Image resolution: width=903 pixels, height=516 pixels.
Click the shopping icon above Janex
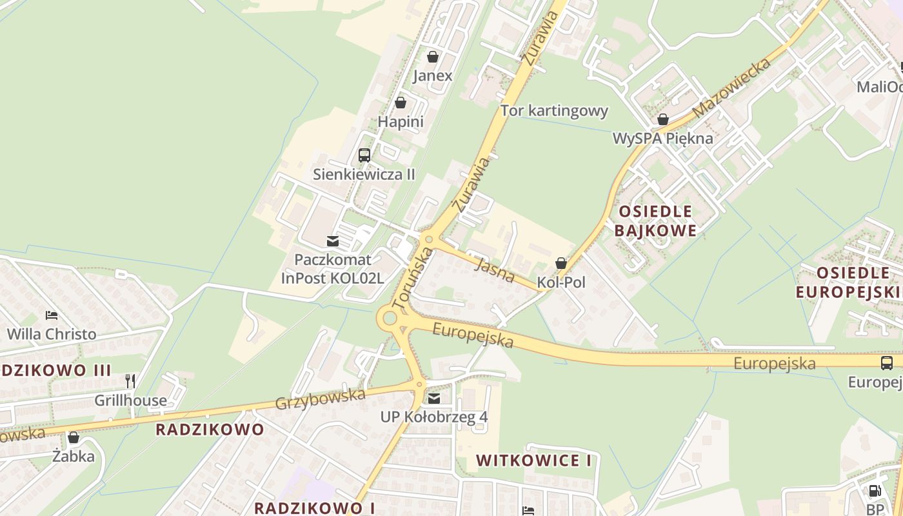[x=432, y=57]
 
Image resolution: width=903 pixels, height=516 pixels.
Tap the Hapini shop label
[x=401, y=121]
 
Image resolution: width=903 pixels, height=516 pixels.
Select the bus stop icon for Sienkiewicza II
[x=364, y=155]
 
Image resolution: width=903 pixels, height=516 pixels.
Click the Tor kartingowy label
[x=554, y=111]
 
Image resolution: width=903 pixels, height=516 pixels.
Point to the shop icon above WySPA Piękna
[x=662, y=119]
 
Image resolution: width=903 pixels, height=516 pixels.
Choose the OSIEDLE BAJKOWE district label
[x=655, y=221]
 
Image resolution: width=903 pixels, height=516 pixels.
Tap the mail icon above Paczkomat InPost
[x=333, y=241]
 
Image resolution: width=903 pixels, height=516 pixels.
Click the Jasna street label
[x=494, y=270]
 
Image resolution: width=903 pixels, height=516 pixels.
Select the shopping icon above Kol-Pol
[x=561, y=263]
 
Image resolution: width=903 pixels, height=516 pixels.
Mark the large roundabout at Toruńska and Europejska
[x=389, y=317]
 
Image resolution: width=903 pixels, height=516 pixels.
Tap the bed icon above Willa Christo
[x=52, y=315]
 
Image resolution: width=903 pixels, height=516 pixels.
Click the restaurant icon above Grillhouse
[x=130, y=381]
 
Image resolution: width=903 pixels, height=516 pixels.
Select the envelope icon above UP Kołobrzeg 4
[x=434, y=398]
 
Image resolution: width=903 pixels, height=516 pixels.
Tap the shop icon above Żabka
[x=74, y=437]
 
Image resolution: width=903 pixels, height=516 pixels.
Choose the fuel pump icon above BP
[x=875, y=491]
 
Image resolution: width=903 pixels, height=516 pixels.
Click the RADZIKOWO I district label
[x=314, y=508]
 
